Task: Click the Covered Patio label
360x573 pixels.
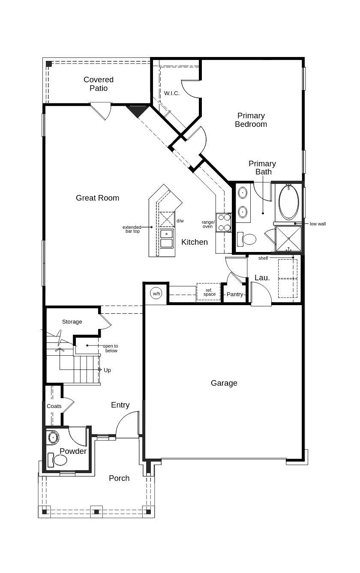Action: coord(99,84)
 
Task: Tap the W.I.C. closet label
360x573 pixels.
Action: coord(171,93)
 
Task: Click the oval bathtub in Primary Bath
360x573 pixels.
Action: coord(289,202)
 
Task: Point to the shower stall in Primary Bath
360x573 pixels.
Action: coord(288,238)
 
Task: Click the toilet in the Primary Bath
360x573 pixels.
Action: coord(247,239)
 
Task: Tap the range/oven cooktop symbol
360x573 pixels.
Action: coord(224,223)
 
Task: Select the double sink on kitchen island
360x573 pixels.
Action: coord(167,239)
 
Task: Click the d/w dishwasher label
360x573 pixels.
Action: coord(180,221)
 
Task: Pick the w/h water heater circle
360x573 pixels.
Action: coord(156,294)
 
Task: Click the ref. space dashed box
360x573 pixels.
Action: coord(209,292)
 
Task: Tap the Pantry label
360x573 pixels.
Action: coord(235,294)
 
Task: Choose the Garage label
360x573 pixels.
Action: coord(224,383)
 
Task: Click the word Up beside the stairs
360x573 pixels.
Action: coord(107,370)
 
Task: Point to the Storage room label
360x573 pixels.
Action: coord(72,322)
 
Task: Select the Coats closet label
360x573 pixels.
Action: coord(54,406)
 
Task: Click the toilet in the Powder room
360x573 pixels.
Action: coord(58,460)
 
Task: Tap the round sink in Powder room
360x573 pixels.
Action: coord(53,438)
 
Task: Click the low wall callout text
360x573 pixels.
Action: coord(318,224)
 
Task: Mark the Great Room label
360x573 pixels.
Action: coord(97,198)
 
